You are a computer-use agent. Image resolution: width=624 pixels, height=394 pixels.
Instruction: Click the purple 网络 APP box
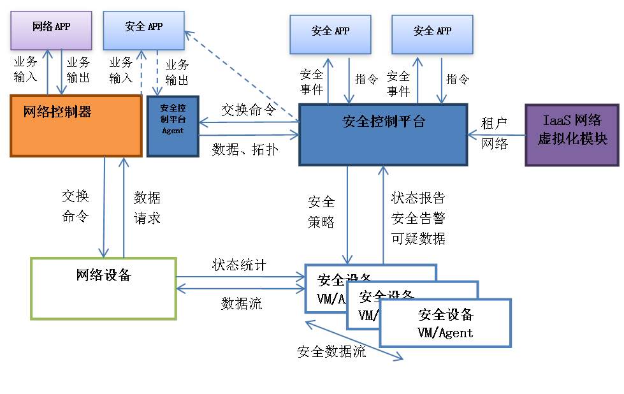point(51,30)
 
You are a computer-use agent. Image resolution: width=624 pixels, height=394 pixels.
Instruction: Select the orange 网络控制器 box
point(76,126)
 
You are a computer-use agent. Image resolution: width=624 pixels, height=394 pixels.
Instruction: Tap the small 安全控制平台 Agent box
point(172,126)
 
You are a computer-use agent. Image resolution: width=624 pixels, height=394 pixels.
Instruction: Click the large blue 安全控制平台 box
point(383,135)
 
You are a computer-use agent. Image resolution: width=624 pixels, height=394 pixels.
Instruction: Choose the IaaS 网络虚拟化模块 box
point(571,135)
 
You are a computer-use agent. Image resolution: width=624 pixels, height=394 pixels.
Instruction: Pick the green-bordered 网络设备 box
point(103,288)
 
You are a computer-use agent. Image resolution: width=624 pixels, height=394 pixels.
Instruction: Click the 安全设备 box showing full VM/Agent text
point(446,323)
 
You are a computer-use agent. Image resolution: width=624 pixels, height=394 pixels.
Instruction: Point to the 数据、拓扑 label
point(243,149)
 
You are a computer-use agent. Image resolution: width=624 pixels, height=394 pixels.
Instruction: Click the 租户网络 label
point(495,133)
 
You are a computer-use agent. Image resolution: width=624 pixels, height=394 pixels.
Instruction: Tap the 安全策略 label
point(321,212)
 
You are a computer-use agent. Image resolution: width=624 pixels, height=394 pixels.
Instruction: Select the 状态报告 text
point(417,198)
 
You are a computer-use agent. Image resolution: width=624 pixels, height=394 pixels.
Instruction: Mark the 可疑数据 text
point(417,238)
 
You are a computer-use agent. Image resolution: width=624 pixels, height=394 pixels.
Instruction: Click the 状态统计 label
point(238,265)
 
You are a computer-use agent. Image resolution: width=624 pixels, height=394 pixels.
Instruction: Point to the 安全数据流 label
point(331,351)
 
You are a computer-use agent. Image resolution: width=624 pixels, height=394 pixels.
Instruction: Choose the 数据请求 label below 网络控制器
point(147,208)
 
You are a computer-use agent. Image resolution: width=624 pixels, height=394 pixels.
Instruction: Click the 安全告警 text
point(417,218)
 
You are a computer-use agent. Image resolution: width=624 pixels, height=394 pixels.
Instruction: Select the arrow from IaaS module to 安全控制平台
point(497,135)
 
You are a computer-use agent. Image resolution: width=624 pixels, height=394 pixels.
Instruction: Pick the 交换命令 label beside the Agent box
point(248,109)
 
